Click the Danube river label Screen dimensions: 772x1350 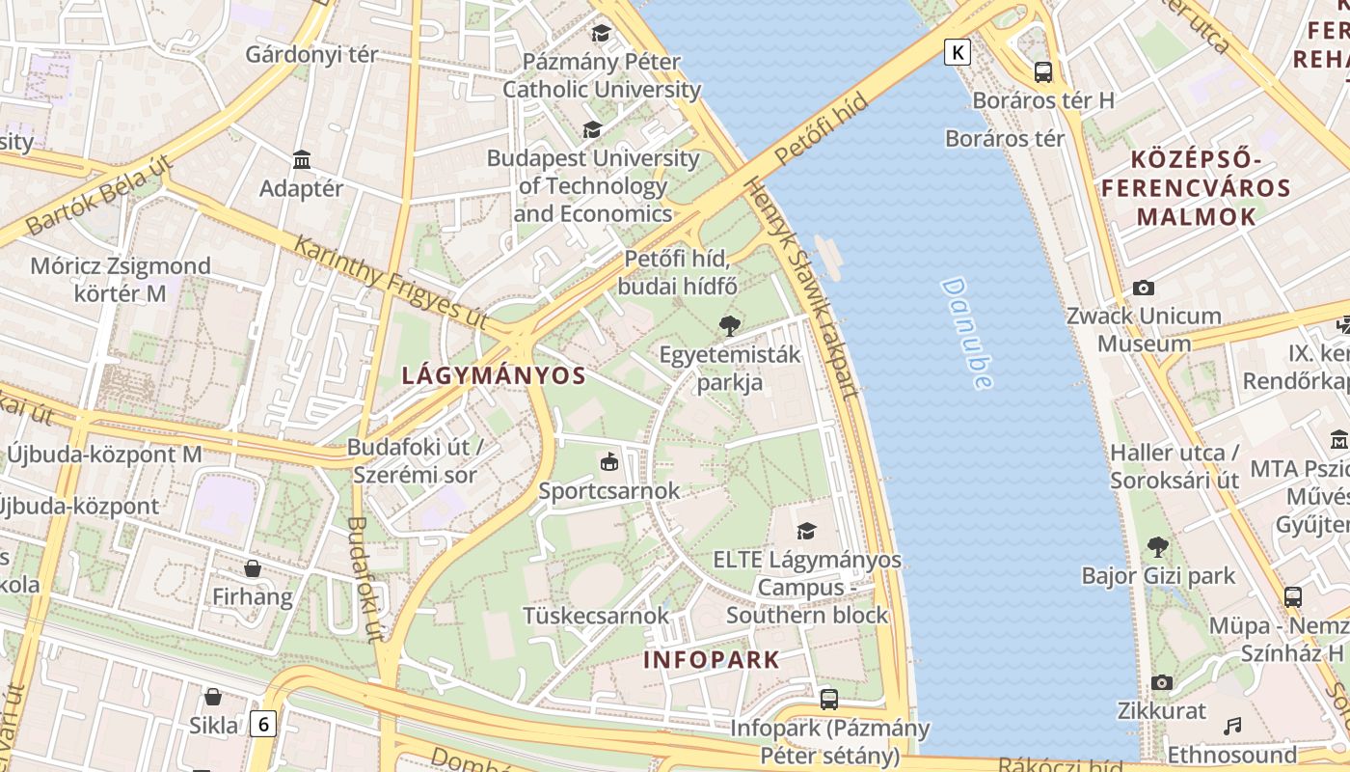tap(967, 333)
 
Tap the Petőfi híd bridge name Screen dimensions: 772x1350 tap(815, 130)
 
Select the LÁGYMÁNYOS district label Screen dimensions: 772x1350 tap(494, 375)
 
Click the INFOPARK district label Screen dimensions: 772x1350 tap(711, 660)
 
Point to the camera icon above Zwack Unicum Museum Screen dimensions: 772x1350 tap(1144, 288)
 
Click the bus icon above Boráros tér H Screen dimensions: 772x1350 tap(1042, 71)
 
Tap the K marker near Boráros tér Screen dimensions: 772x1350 tap(957, 51)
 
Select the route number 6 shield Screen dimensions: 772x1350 tap(262, 723)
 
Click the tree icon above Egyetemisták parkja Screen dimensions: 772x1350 tap(730, 325)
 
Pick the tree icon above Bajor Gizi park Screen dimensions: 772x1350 tap(1158, 547)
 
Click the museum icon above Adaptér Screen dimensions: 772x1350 tap(302, 159)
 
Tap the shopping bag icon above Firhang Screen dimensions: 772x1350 tap(253, 567)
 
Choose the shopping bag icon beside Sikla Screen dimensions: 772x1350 tap(213, 696)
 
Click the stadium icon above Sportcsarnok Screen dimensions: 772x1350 tap(608, 462)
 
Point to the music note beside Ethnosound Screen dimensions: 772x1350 tap(1232, 726)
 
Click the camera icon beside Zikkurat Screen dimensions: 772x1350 tap(1162, 682)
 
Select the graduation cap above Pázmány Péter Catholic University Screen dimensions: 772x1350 tap(602, 33)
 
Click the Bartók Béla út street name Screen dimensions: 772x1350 tap(98, 197)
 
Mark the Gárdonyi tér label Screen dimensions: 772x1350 tap(311, 54)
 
